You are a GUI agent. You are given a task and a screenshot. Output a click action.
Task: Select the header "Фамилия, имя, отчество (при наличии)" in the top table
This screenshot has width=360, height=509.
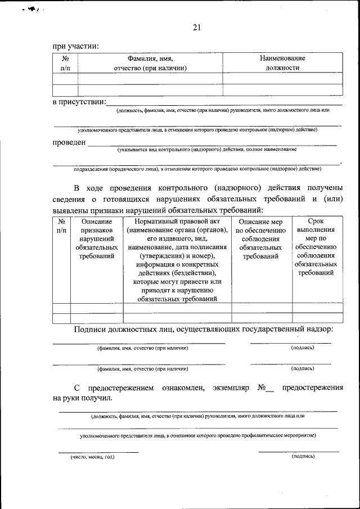[x=150, y=63]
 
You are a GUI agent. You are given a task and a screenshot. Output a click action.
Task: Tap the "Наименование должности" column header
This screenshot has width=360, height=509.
[x=282, y=63]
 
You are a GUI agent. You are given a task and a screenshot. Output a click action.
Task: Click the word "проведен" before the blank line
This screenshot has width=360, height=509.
[x=69, y=142]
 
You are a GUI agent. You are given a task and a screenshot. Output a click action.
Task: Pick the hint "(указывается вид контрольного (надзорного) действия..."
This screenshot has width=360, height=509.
[x=207, y=150]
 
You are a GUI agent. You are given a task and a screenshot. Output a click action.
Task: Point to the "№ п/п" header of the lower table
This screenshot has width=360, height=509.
[x=61, y=226]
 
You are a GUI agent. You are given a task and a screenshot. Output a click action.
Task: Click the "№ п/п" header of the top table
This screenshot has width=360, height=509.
[x=65, y=63]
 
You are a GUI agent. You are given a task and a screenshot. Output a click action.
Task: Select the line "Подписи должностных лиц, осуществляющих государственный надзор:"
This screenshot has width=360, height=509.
[x=203, y=329]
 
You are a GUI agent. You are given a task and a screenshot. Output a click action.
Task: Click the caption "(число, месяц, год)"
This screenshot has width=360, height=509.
[x=92, y=457]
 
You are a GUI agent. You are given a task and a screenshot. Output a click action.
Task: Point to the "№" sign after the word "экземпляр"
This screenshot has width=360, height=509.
[x=262, y=388]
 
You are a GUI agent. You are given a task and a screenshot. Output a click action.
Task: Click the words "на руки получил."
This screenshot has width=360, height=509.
[x=82, y=398]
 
